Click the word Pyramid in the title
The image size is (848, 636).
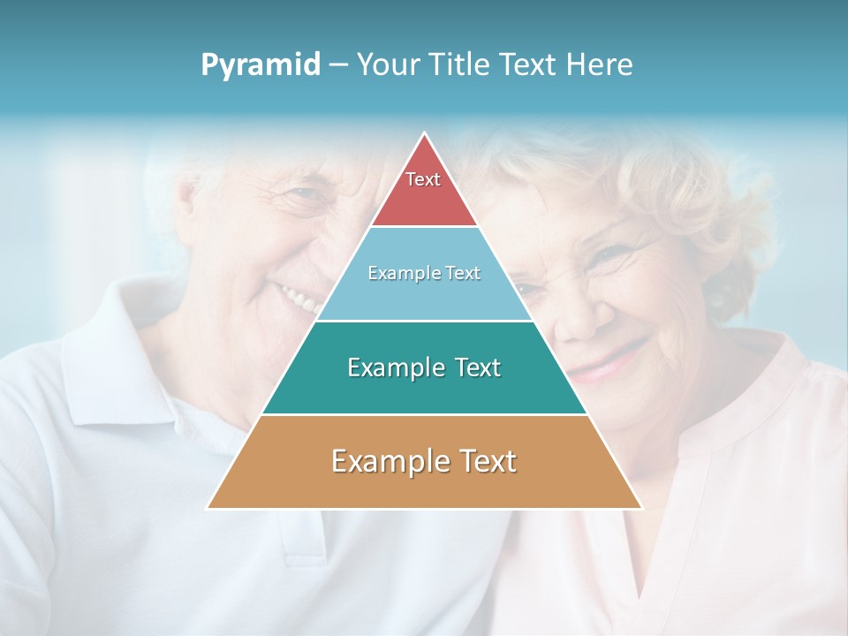[261, 65]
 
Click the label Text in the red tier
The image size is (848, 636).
[423, 179]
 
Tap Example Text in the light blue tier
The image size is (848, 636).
[424, 273]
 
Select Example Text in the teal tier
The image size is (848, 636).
[424, 367]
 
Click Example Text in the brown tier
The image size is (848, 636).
[424, 461]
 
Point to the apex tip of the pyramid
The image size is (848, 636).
[425, 134]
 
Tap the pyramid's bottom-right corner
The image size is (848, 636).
[640, 507]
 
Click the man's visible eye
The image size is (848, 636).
[305, 196]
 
